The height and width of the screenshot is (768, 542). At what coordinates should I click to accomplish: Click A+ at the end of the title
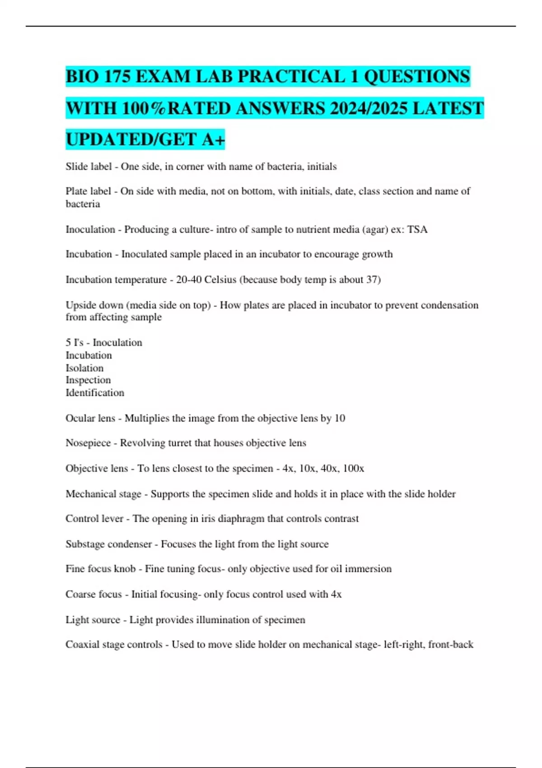(x=213, y=140)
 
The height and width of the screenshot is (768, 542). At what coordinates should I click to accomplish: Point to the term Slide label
(x=89, y=167)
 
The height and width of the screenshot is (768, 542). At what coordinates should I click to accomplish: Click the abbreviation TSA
(x=417, y=229)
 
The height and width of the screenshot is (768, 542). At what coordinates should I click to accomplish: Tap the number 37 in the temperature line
(x=371, y=280)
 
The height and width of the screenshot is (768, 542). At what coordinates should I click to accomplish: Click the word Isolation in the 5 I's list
(x=84, y=368)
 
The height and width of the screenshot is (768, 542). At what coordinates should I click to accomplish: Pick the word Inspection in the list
(x=88, y=380)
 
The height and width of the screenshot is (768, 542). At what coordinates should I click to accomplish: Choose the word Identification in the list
(x=95, y=393)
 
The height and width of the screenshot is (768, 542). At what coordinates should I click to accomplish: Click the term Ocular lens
(x=90, y=418)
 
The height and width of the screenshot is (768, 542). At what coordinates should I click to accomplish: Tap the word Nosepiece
(x=88, y=443)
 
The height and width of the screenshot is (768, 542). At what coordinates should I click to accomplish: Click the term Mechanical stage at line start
(x=103, y=494)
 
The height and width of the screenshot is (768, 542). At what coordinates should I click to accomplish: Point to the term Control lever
(x=94, y=519)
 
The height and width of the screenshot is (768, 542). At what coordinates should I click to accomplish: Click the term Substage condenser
(x=108, y=544)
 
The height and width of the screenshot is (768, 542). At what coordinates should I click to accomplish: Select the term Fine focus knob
(x=101, y=569)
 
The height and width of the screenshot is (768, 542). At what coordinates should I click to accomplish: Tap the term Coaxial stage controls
(x=114, y=645)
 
